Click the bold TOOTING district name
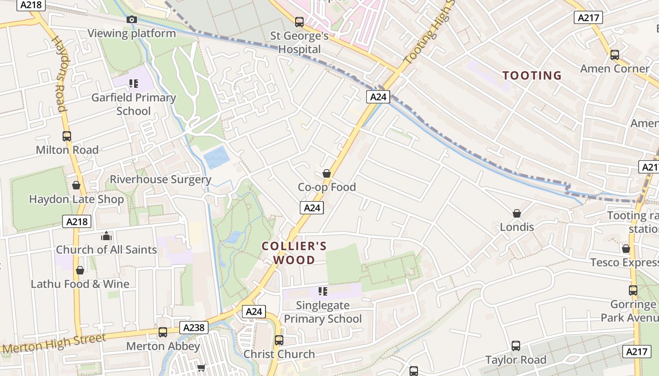pyautogui.click(x=532, y=76)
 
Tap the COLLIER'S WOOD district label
pyautogui.click(x=294, y=253)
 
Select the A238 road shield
pyautogui.click(x=194, y=327)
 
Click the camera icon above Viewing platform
pyautogui.click(x=132, y=19)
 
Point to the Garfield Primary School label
pyautogui.click(x=134, y=104)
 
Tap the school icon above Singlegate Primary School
pyautogui.click(x=322, y=291)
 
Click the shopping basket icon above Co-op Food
pyautogui.click(x=327, y=173)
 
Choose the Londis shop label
pyautogui.click(x=517, y=227)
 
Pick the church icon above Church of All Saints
pyautogui.click(x=106, y=235)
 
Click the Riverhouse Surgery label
pyautogui.click(x=161, y=180)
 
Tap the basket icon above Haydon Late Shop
pyautogui.click(x=76, y=185)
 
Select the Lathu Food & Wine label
pyautogui.click(x=80, y=284)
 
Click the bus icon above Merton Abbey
pyautogui.click(x=163, y=332)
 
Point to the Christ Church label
pyautogui.click(x=279, y=354)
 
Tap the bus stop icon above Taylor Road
pyautogui.click(x=516, y=346)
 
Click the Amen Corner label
pyautogui.click(x=615, y=69)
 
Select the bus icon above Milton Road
pyautogui.click(x=67, y=136)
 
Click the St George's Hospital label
pyautogui.click(x=299, y=42)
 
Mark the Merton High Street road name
pyautogui.click(x=55, y=344)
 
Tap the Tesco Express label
pyautogui.click(x=624, y=262)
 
